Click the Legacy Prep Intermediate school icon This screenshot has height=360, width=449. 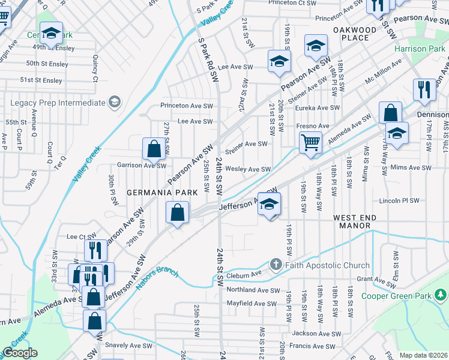click(x=113, y=103)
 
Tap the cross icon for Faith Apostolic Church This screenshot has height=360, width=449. click(x=276, y=265)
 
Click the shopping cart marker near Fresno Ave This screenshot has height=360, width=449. click(x=310, y=143)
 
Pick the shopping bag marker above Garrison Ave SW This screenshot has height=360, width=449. click(x=154, y=149)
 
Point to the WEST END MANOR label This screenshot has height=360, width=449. click(x=358, y=222)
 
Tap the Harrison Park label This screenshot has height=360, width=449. click(x=420, y=49)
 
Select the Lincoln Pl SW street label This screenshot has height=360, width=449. click(x=402, y=200)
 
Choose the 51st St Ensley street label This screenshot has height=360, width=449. click(x=41, y=80)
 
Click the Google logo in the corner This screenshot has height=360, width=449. click(x=20, y=353)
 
